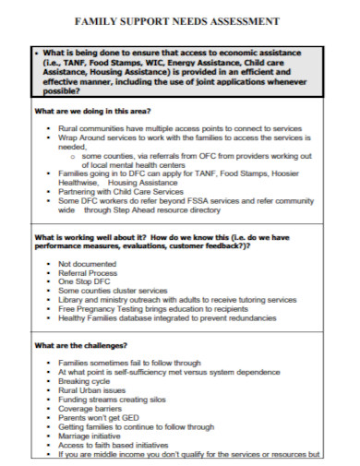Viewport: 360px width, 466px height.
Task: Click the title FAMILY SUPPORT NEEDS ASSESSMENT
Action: coord(180,19)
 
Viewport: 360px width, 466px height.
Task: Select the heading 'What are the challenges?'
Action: coord(75,345)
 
